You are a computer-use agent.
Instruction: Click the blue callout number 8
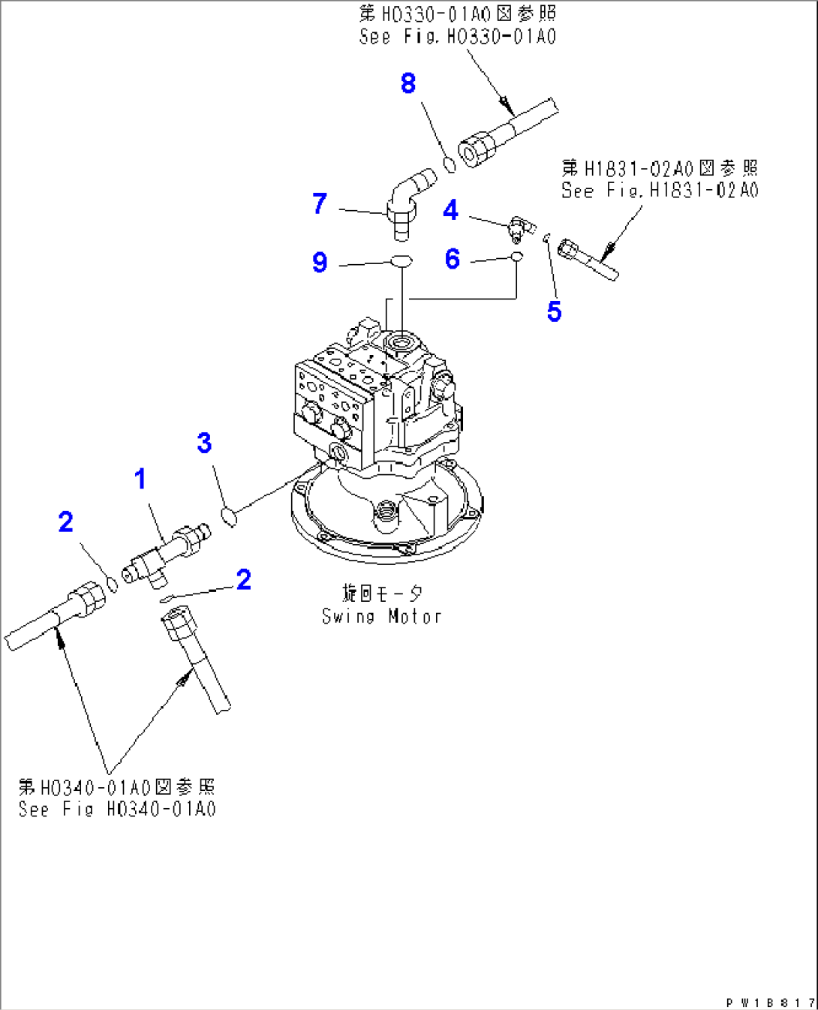coord(408,83)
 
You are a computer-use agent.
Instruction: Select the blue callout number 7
coord(320,203)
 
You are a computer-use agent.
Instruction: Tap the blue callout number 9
coord(320,262)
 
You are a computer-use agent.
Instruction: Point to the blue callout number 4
coord(450,210)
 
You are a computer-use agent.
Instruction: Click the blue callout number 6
coord(452,259)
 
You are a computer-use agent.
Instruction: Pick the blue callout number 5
coord(554,311)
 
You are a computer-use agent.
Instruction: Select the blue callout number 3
coord(204,443)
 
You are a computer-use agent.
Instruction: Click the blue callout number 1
coord(140,479)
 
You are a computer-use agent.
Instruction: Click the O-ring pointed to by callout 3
coord(230,516)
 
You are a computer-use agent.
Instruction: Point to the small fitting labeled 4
coord(518,227)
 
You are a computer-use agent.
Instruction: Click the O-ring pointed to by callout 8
coord(450,164)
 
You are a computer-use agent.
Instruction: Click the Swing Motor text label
coord(381,616)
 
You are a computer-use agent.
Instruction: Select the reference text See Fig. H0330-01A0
coord(457,37)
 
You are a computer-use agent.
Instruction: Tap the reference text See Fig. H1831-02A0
coord(660,191)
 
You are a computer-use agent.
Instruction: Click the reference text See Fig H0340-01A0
coord(117,809)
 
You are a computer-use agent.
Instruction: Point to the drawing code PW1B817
coord(769,1002)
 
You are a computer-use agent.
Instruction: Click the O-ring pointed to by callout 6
coord(516,257)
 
